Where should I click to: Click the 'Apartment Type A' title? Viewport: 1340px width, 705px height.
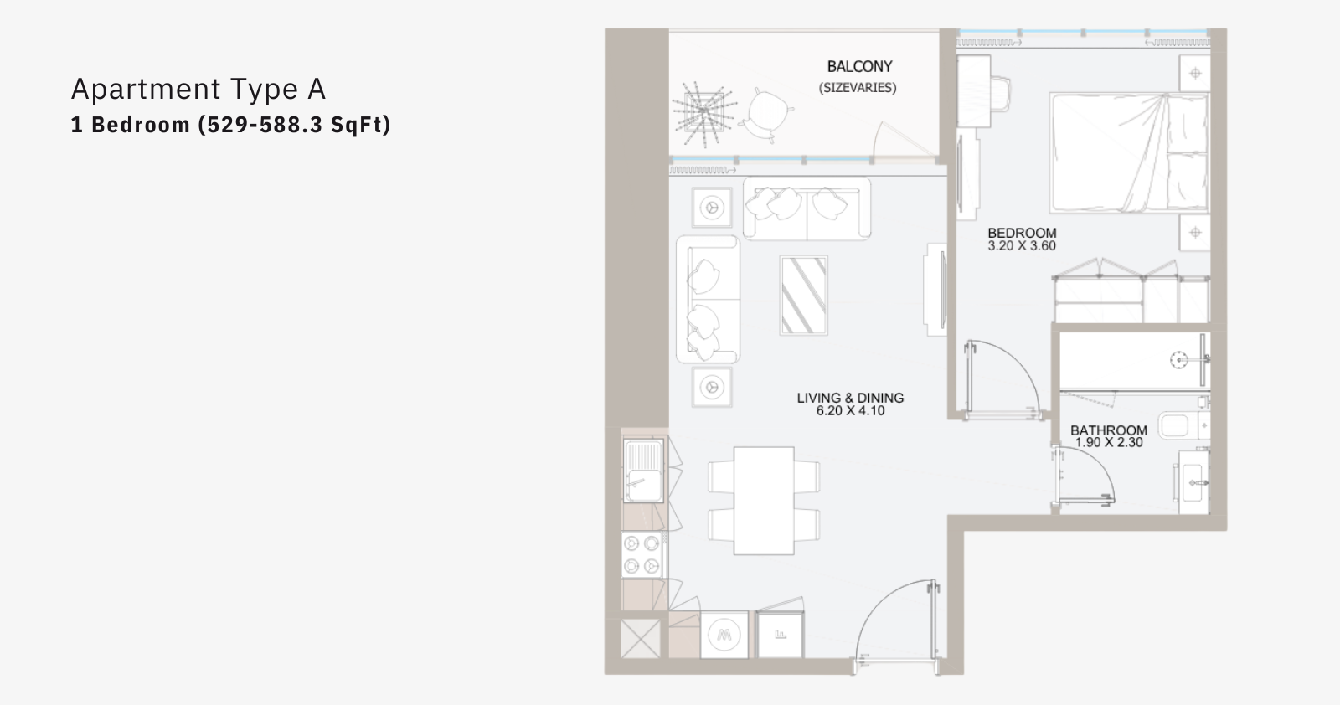pos(198,90)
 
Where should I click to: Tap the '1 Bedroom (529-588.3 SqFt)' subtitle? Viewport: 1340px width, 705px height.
pos(231,125)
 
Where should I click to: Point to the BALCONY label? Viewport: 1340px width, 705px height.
pos(859,66)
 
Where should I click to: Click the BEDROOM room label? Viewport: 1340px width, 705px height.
pos(1022,233)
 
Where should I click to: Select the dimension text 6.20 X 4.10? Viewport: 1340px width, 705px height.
pos(850,411)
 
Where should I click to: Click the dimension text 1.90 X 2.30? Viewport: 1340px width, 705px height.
pos(1109,442)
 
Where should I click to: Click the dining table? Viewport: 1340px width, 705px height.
pos(764,501)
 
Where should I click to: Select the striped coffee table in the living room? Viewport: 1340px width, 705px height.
pos(803,295)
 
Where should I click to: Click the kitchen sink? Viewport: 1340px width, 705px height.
pos(643,471)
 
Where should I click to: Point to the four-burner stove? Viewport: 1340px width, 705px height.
pos(642,554)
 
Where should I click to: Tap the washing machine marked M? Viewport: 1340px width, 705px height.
pos(724,635)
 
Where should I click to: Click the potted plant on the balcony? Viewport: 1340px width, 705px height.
pos(703,114)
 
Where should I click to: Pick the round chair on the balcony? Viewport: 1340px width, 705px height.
pos(767,115)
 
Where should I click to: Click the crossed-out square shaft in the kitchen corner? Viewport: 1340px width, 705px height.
pos(640,639)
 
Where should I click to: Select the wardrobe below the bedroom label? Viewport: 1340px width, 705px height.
pos(1131,298)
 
